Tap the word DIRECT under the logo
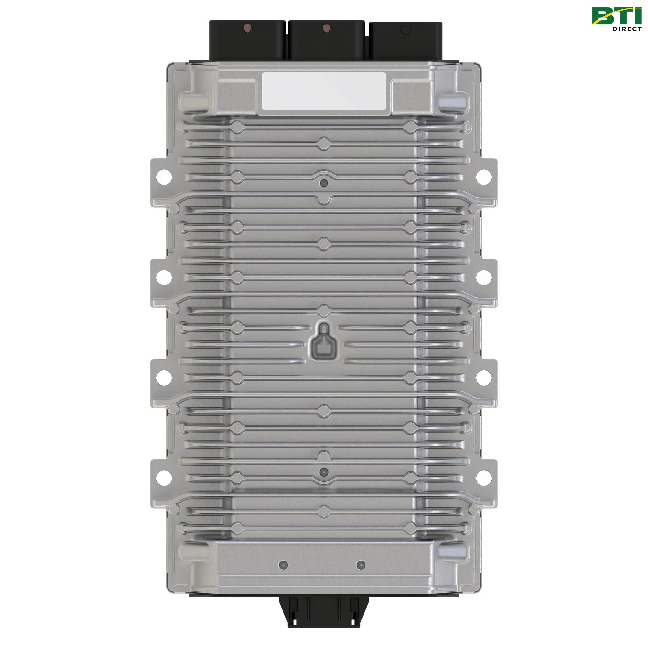coord(627,29)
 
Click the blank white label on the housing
coord(324,91)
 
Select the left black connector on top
coord(247,40)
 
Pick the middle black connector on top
coord(326,40)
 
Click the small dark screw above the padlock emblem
coord(324,183)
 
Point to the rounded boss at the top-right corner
coord(454,100)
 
